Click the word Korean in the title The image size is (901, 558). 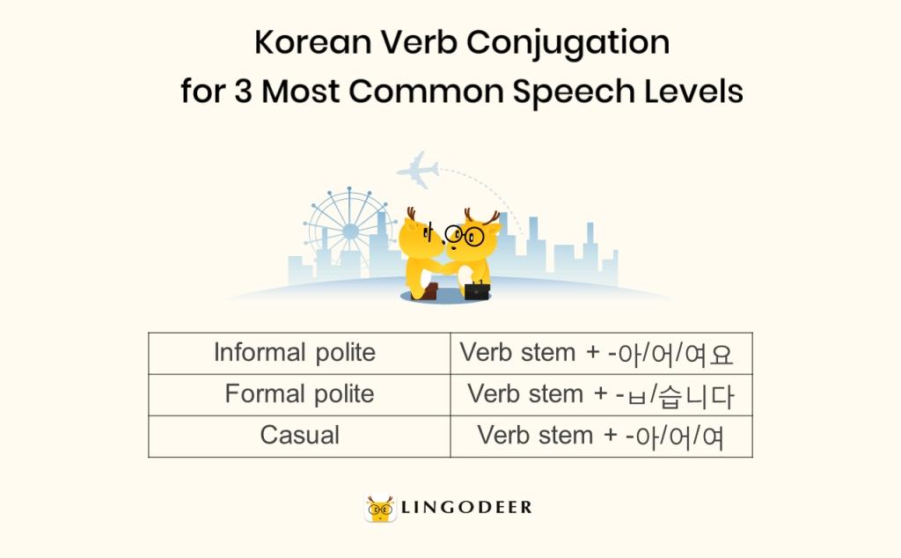click(x=312, y=42)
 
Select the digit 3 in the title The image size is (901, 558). click(x=243, y=92)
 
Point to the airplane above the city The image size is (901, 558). click(x=418, y=169)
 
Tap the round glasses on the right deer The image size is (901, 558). click(x=465, y=235)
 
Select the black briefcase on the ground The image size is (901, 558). click(x=476, y=290)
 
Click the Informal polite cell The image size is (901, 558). click(x=299, y=354)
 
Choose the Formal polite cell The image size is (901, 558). click(x=299, y=395)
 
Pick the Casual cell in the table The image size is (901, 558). click(x=299, y=437)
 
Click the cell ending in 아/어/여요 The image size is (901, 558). click(x=602, y=354)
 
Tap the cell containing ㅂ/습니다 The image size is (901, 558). click(x=602, y=395)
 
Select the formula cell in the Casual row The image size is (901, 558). click(x=602, y=437)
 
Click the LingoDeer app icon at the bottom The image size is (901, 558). click(x=380, y=509)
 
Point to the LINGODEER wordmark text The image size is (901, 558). click(x=466, y=508)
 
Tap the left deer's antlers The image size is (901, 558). click(x=411, y=213)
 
